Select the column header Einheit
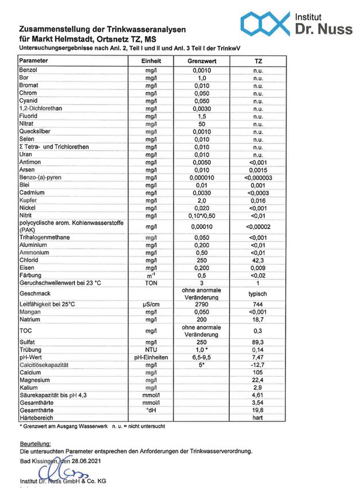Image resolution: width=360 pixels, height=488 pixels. click(152, 61)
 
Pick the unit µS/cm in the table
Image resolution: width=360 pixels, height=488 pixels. click(152, 304)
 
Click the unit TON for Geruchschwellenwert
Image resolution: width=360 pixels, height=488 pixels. click(152, 283)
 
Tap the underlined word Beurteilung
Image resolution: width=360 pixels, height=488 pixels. click(35, 444)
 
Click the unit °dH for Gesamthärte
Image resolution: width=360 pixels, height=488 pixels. click(152, 410)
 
